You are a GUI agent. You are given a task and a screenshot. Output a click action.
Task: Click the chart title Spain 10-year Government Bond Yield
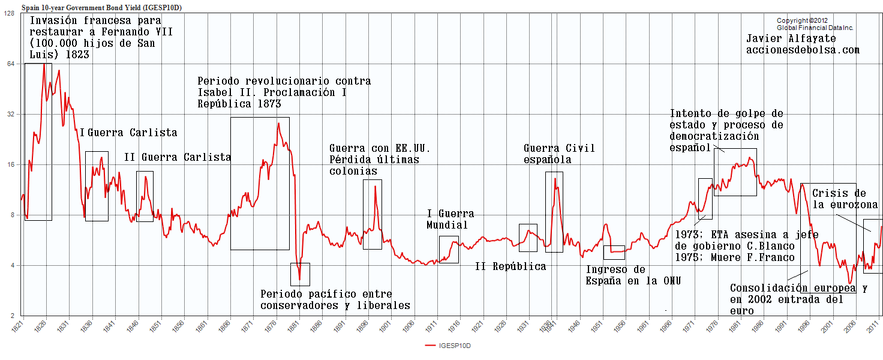tap(102, 7)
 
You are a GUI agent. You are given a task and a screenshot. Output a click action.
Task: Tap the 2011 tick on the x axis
tap(876, 328)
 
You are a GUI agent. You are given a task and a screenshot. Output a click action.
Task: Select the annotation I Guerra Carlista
tap(128, 133)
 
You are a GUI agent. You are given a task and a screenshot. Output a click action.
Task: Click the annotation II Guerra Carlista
tap(178, 157)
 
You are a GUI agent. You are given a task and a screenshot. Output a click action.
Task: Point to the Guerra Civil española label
tap(559, 154)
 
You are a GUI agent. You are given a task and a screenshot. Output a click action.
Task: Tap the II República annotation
tap(510, 266)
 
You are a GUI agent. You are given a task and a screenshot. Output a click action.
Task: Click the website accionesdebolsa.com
tap(803, 50)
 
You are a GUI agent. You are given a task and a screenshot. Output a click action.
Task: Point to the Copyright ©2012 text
tap(801, 20)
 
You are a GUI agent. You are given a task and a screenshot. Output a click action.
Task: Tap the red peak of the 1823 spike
tap(44, 64)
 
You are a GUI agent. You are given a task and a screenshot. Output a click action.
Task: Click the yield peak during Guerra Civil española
tap(555, 178)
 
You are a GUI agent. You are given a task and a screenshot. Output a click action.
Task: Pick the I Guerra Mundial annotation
tap(450, 219)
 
